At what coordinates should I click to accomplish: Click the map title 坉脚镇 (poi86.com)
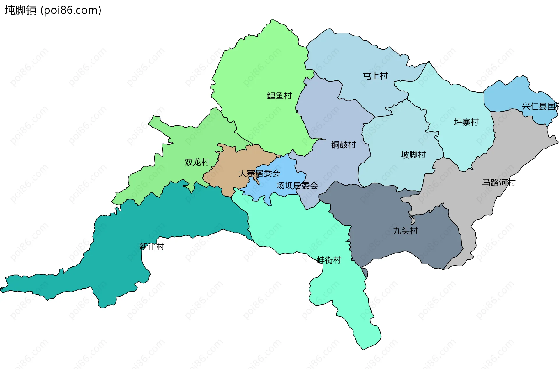[x=53, y=10]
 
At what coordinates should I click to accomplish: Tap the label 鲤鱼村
[x=279, y=96]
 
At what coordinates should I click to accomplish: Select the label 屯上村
[x=375, y=76]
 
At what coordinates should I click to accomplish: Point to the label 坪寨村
[x=466, y=122]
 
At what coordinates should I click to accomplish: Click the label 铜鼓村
[x=344, y=144]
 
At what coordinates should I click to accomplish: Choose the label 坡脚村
[x=413, y=155]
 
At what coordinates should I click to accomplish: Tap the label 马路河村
[x=498, y=183]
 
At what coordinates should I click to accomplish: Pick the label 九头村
[x=405, y=231]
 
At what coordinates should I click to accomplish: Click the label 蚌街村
[x=329, y=260]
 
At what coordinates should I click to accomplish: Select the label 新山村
[x=152, y=247]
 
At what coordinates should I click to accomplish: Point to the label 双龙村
[x=197, y=162]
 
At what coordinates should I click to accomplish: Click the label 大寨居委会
[x=259, y=174]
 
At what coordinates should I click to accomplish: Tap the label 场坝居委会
[x=297, y=186]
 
